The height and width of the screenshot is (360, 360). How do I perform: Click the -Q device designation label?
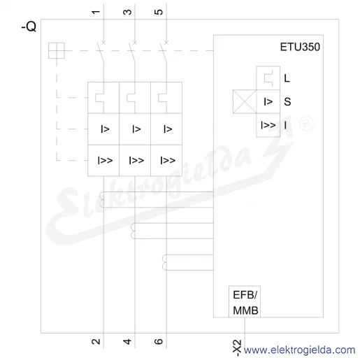(x=29, y=27)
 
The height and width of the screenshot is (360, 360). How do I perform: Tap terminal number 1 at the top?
(x=96, y=12)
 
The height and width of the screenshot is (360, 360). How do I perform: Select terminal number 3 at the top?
(x=127, y=12)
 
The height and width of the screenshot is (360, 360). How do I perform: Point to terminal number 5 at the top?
(x=159, y=12)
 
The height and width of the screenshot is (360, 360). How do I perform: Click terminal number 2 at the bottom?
(x=96, y=342)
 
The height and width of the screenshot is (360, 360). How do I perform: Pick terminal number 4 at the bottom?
(x=127, y=342)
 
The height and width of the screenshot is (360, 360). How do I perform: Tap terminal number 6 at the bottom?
(x=159, y=342)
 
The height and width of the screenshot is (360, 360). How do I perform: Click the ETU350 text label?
(x=300, y=47)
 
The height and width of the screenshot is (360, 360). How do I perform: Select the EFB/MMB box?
(x=245, y=301)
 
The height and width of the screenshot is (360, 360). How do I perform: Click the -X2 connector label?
(x=237, y=348)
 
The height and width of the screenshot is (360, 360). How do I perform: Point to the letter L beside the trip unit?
(x=287, y=78)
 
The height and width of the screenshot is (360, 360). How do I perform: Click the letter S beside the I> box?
(x=287, y=101)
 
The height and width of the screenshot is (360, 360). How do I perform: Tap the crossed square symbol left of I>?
(x=245, y=101)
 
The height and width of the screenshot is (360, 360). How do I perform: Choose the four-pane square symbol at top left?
(x=57, y=50)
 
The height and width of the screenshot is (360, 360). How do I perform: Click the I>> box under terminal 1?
(x=103, y=160)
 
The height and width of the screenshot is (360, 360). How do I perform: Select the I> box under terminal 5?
(x=166, y=129)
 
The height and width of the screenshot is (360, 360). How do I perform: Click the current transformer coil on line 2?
(x=102, y=199)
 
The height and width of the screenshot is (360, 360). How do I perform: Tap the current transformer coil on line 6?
(x=165, y=262)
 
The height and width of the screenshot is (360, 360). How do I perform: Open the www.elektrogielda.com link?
(x=299, y=350)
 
